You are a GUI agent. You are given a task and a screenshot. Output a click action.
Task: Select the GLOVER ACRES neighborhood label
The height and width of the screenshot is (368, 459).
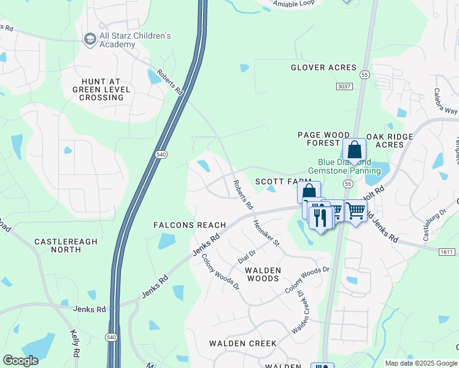click(x=323, y=67)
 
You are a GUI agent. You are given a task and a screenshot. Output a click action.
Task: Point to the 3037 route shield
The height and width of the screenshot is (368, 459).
click(x=345, y=87)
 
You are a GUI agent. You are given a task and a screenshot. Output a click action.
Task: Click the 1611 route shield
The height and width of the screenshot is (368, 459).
click(x=447, y=252)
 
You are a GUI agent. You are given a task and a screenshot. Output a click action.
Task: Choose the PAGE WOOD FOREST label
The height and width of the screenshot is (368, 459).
click(x=323, y=139)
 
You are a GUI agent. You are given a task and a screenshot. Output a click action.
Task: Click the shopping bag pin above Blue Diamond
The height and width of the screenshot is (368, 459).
click(x=354, y=150)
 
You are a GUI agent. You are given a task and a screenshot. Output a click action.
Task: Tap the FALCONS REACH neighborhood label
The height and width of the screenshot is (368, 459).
click(x=190, y=225)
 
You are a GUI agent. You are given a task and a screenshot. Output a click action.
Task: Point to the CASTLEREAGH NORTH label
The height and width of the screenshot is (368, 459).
click(x=66, y=245)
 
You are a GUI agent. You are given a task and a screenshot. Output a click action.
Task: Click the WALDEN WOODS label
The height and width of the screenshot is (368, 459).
click(x=263, y=274)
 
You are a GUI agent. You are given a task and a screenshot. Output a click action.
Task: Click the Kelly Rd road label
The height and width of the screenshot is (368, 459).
click(x=74, y=343)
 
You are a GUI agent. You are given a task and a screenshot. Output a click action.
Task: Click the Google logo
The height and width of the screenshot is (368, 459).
click(x=20, y=361)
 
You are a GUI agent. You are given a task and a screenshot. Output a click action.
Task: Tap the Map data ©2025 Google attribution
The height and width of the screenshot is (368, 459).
click(x=420, y=363)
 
